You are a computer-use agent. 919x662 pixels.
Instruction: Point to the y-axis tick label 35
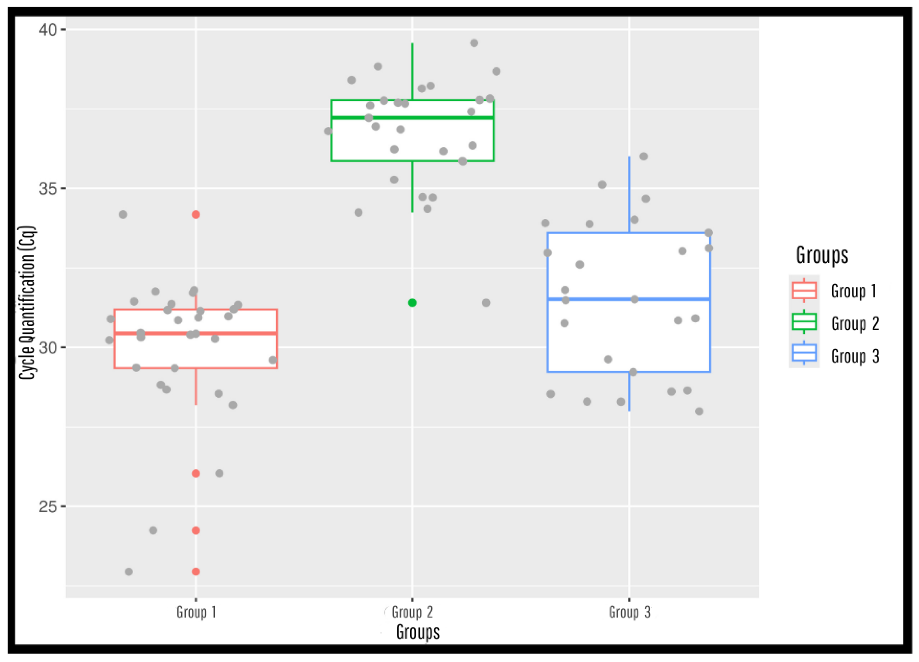(47, 189)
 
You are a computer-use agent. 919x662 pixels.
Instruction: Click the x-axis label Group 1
(196, 612)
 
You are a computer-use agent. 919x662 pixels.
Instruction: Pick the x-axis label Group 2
(412, 612)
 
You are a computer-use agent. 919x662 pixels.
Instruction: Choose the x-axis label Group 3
(629, 612)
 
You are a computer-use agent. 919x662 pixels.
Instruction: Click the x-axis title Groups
(418, 632)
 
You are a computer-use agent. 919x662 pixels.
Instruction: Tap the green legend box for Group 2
(804, 323)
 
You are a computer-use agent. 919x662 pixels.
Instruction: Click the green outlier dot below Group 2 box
(412, 303)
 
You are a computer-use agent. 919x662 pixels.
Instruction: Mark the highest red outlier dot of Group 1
(196, 214)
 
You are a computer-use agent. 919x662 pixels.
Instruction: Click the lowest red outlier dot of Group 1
(196, 572)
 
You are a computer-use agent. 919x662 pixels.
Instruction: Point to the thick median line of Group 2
(446, 118)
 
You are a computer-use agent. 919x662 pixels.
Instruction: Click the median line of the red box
(243, 333)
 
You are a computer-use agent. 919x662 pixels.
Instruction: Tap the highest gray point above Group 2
(474, 43)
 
